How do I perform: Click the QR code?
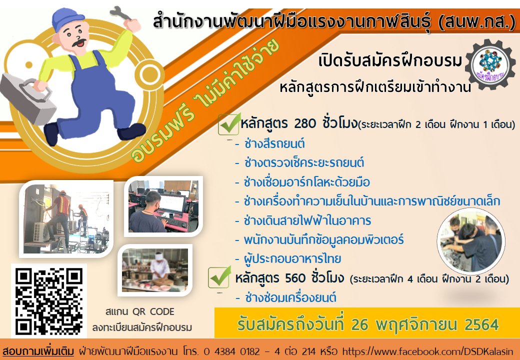[x=49, y=300]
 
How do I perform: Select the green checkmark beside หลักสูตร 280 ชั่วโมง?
[x=229, y=123]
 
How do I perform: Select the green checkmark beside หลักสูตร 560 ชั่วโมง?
[x=219, y=277]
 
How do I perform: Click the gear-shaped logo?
[x=490, y=64]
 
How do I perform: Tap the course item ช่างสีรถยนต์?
[x=274, y=144]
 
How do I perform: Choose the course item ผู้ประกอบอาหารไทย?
[x=292, y=258]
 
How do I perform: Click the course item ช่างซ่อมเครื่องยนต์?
[x=290, y=297]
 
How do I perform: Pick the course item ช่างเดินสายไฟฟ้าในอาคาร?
[x=307, y=220]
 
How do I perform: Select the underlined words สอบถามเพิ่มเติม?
[x=38, y=351]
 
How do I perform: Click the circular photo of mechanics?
[x=471, y=241]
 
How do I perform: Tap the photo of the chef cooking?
[x=155, y=270]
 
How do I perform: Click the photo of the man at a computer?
[x=163, y=206]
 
